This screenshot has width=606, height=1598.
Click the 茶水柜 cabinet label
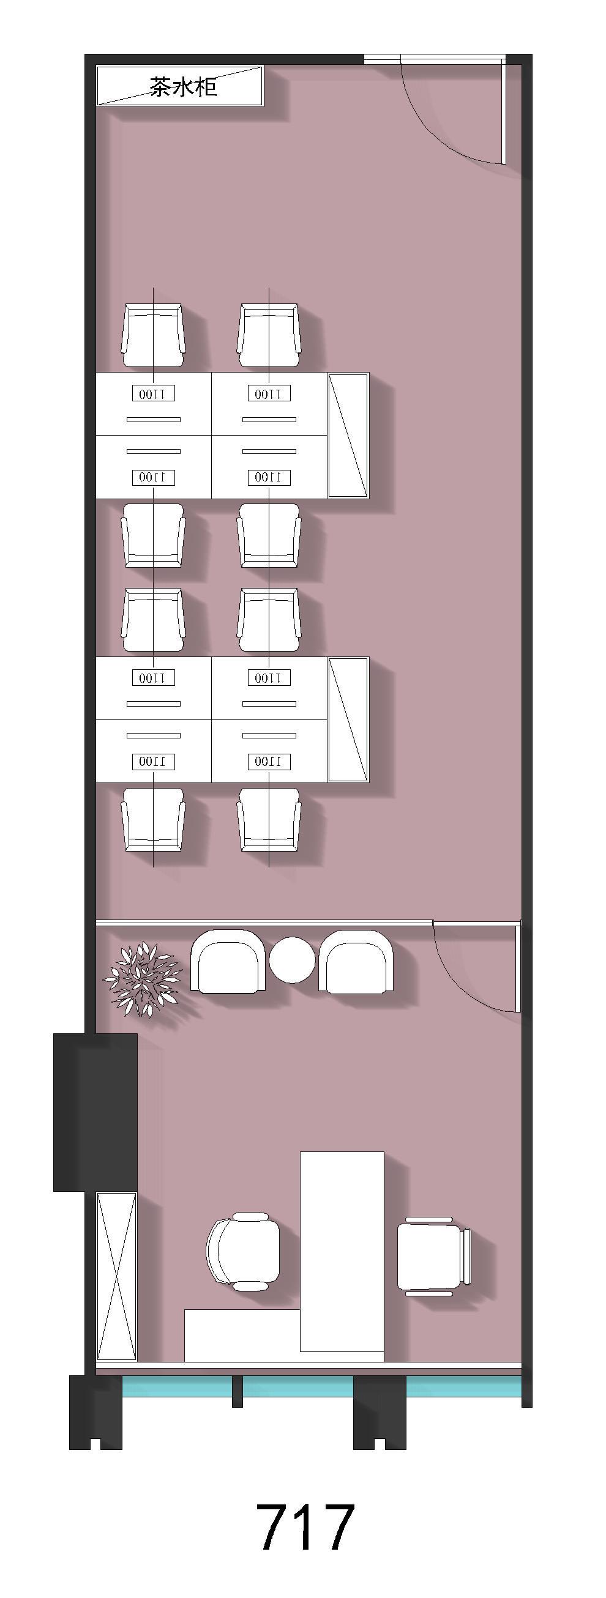183,87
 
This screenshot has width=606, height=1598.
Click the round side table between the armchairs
293,960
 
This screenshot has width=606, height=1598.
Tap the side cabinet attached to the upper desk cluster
348,435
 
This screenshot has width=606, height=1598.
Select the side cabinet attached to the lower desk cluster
348,719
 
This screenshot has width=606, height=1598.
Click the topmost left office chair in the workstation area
154,336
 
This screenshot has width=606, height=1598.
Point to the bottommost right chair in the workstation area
269,820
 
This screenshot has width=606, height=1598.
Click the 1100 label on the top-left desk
154,393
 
